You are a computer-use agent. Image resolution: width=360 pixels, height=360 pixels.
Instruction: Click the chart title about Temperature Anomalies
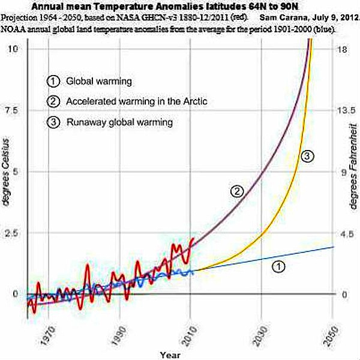coord(179,7)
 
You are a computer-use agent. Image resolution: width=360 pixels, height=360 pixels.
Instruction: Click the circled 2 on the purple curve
coord(237,191)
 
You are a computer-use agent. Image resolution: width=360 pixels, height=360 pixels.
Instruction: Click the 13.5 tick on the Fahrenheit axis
coord(341,110)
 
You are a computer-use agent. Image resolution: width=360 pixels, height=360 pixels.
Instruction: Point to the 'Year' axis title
coord(169,354)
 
